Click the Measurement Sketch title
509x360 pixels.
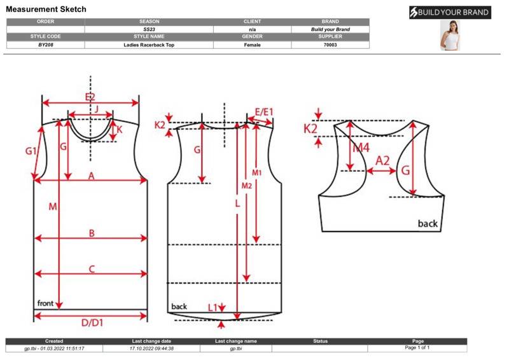(46, 10)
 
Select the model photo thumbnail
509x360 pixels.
(450, 36)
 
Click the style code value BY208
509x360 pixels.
(45, 45)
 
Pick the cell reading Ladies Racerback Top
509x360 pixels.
(149, 45)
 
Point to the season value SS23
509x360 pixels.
(149, 29)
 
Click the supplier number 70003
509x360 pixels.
(330, 45)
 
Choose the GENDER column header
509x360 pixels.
(253, 37)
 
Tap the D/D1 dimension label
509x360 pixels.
(92, 322)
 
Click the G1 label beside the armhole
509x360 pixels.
(32, 151)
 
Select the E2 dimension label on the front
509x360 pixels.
(90, 97)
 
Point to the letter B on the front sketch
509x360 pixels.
(92, 233)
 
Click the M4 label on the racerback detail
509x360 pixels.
(361, 148)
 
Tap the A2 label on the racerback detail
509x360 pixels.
(382, 161)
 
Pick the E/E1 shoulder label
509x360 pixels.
(263, 112)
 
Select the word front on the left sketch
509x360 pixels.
(45, 303)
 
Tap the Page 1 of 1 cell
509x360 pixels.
(417, 348)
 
